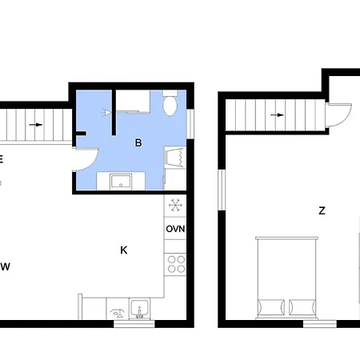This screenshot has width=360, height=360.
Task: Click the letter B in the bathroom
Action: click(x=138, y=143)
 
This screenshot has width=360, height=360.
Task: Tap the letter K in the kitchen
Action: click(x=124, y=250)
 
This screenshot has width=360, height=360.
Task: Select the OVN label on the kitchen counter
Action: click(x=175, y=230)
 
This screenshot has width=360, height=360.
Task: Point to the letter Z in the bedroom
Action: click(x=322, y=211)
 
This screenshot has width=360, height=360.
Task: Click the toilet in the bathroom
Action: click(x=170, y=105)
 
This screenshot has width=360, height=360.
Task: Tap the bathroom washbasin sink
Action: click(x=121, y=181)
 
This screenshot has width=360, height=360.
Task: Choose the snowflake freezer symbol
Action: click(x=175, y=206)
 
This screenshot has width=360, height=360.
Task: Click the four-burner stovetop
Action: click(x=175, y=263)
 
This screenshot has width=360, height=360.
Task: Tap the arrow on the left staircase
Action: click(x=36, y=125)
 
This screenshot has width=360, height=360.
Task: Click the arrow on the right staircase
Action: click(x=277, y=114)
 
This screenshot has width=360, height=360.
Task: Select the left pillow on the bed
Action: click(x=269, y=306)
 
